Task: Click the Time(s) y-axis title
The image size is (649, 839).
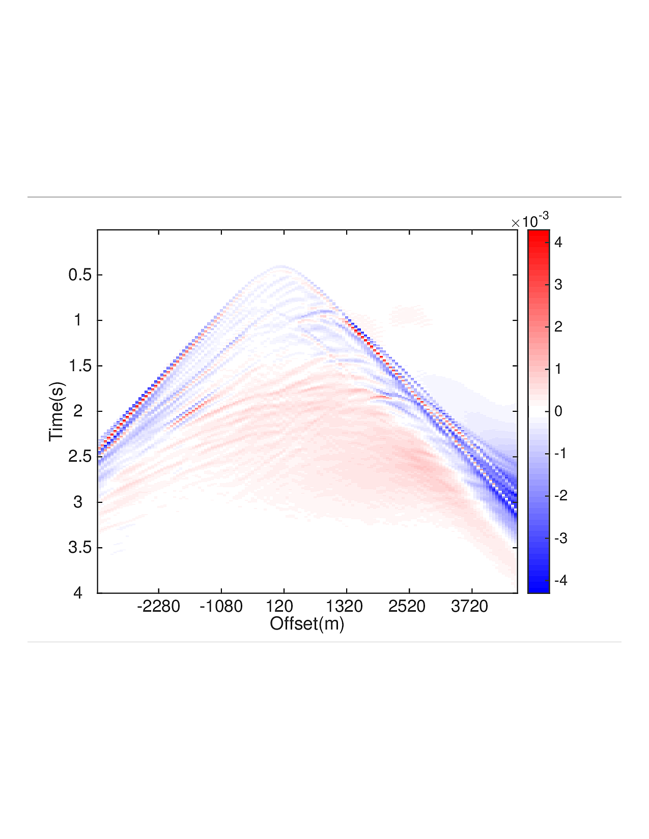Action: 57,411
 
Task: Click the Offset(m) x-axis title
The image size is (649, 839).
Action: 307,623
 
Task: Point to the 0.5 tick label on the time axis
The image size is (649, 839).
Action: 80,275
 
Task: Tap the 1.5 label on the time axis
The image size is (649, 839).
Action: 80,366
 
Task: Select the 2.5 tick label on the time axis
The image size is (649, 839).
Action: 80,457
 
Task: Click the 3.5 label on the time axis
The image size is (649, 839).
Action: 80,548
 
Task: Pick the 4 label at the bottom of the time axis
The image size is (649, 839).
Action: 77,593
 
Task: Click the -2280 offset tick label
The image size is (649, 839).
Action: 158,606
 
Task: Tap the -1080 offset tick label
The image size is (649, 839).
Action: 221,606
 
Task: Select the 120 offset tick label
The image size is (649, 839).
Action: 279,606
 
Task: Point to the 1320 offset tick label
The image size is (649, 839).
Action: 344,606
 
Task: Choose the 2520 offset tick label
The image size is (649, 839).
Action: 407,606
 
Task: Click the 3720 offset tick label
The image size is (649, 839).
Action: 469,606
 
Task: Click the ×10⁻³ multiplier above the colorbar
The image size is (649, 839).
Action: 530,222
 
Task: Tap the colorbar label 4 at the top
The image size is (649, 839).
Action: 558,243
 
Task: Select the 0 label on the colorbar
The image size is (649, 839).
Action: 558,411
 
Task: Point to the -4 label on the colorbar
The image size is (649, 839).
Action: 560,581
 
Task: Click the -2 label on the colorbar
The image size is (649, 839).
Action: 560,496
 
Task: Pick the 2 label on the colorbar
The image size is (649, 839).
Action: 558,327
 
